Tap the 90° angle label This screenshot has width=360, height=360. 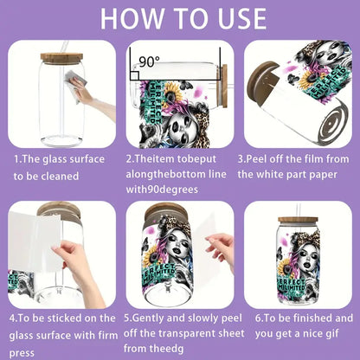[x=150, y=62]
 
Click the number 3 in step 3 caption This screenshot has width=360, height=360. [x=241, y=159]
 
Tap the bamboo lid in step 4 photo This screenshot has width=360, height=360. [x=60, y=211]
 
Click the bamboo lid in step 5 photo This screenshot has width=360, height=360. [x=164, y=213]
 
